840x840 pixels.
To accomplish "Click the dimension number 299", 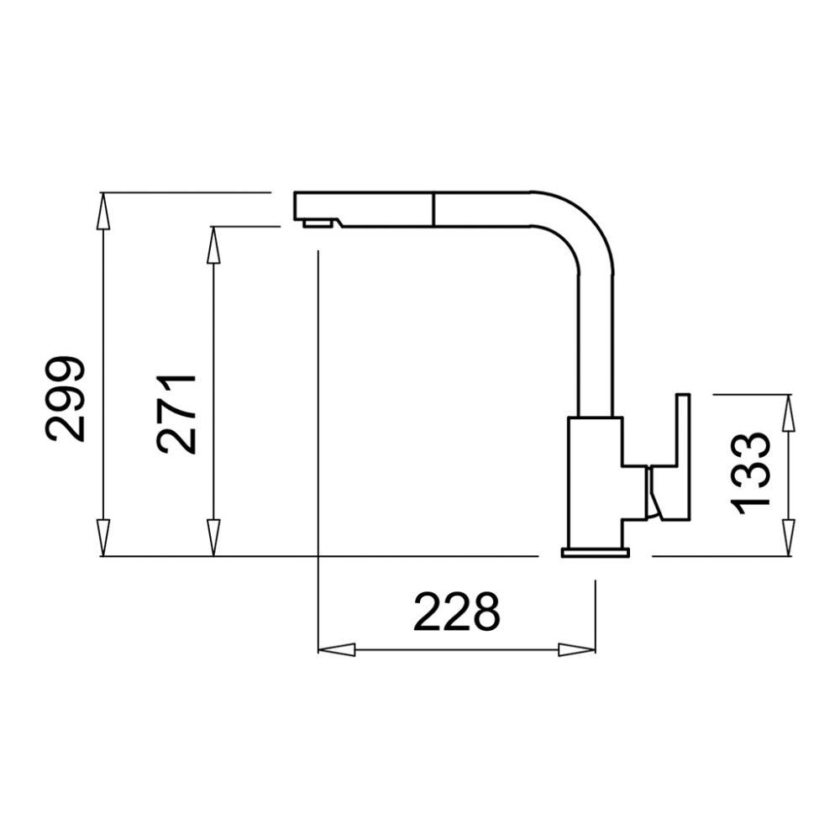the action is click(65, 398).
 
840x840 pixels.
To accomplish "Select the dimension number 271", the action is click(176, 414).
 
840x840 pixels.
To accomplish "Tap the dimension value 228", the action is click(457, 612).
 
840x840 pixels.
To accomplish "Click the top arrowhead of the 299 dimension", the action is click(103, 211).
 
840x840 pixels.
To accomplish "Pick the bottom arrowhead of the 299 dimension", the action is click(103, 538).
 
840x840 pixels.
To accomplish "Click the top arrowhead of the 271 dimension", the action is click(213, 244).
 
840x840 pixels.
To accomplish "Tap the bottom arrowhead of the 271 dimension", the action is click(213, 538).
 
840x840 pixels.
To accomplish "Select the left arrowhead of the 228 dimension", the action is click(337, 650).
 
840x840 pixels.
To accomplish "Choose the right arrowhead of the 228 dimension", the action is click(576, 650).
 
